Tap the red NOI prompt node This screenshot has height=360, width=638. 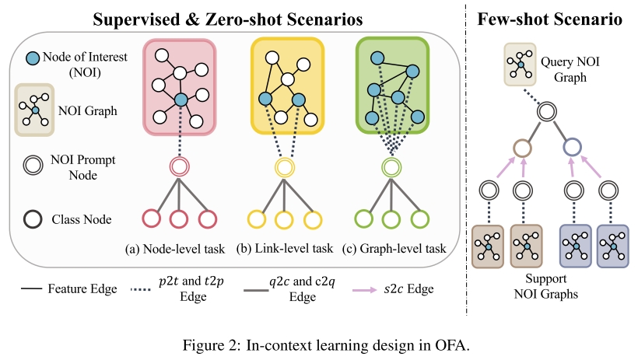(x=180, y=166)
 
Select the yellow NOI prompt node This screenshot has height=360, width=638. (x=282, y=166)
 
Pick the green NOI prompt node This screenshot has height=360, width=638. (x=390, y=166)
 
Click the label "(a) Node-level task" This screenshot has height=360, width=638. (x=174, y=249)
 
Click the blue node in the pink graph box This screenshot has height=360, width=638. (x=181, y=100)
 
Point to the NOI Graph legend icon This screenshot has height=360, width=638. (x=34, y=111)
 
